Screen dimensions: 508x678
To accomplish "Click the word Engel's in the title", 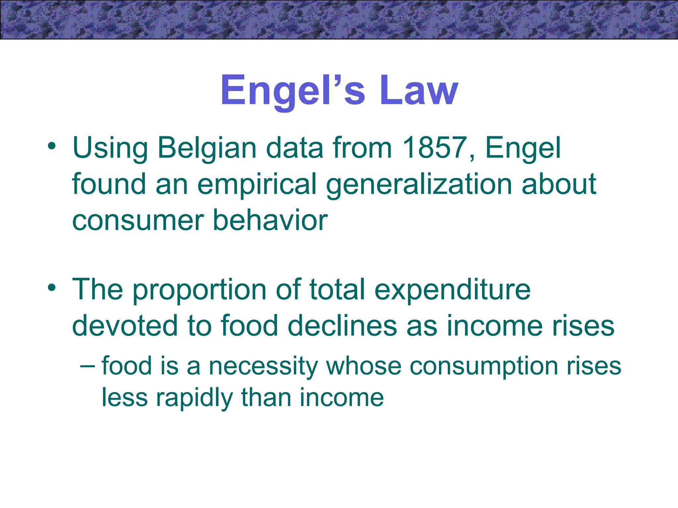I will (x=293, y=90).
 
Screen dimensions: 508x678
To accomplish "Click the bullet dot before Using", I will (x=52, y=146).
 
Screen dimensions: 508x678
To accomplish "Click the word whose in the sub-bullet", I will (x=363, y=366).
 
